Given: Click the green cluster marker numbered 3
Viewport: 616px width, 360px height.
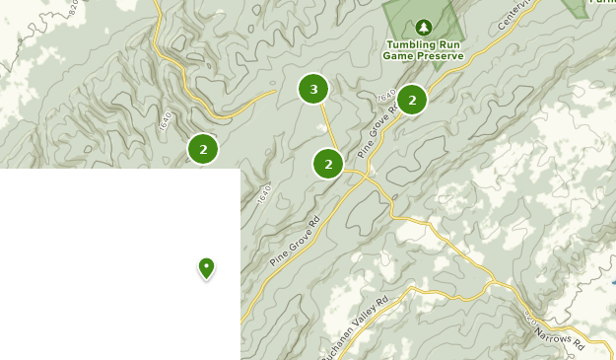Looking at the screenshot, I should [313, 90].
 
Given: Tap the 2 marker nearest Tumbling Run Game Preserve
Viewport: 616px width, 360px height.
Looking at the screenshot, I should [411, 100].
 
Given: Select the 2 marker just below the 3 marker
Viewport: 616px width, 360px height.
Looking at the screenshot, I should [328, 164].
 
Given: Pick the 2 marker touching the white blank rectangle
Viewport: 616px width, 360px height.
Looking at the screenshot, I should [203, 150].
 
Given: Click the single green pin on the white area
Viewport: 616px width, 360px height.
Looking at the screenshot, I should [206, 266].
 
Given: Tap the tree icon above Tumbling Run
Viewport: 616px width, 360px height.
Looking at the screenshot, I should [424, 27].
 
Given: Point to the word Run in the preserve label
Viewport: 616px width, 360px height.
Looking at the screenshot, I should [449, 44].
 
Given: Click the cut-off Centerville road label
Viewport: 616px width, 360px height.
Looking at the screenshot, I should [514, 14].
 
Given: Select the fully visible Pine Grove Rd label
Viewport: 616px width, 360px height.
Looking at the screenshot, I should [296, 241].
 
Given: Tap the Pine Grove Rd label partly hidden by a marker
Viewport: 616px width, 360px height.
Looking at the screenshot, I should [377, 132].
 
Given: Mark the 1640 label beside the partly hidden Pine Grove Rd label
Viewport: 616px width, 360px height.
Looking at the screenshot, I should [384, 98].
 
